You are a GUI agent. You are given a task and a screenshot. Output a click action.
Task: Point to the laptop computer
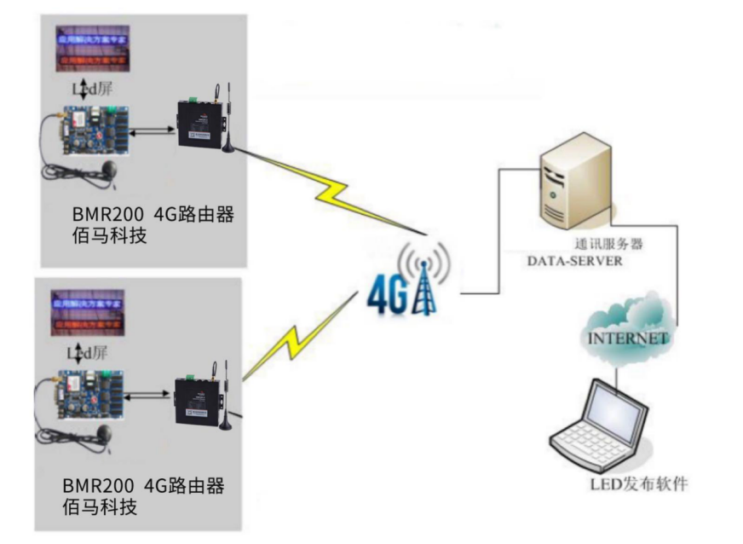(x=602, y=427)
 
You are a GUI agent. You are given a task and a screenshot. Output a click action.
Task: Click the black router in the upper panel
(x=201, y=124)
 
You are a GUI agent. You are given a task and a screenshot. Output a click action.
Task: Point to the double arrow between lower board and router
(x=149, y=394)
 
